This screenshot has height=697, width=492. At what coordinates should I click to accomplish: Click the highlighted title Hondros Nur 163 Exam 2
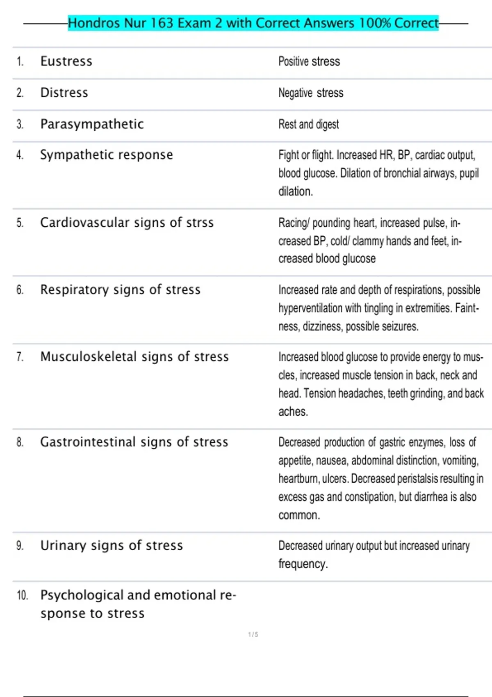coord(253,23)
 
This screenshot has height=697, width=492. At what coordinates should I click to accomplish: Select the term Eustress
coord(66,61)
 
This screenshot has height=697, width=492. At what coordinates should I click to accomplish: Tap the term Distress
coord(64,93)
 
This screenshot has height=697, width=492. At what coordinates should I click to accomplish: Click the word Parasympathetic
coord(92,124)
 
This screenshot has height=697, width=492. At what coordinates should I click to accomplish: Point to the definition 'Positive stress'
coord(309,61)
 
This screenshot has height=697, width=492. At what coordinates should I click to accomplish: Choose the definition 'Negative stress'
coord(311,93)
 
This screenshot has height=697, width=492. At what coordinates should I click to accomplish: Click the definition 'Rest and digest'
coord(309,124)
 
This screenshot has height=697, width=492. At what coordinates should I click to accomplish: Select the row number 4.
coord(20,155)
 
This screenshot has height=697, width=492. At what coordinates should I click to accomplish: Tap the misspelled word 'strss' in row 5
coord(200,223)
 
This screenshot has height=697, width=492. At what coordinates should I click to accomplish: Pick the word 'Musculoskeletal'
coord(88,357)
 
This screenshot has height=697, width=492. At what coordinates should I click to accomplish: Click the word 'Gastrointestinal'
coord(88,442)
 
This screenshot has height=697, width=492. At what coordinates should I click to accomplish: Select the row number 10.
coord(22,595)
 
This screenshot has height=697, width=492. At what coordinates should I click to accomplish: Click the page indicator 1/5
coord(253,635)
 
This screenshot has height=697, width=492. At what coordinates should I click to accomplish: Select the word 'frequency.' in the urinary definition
coord(303,564)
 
